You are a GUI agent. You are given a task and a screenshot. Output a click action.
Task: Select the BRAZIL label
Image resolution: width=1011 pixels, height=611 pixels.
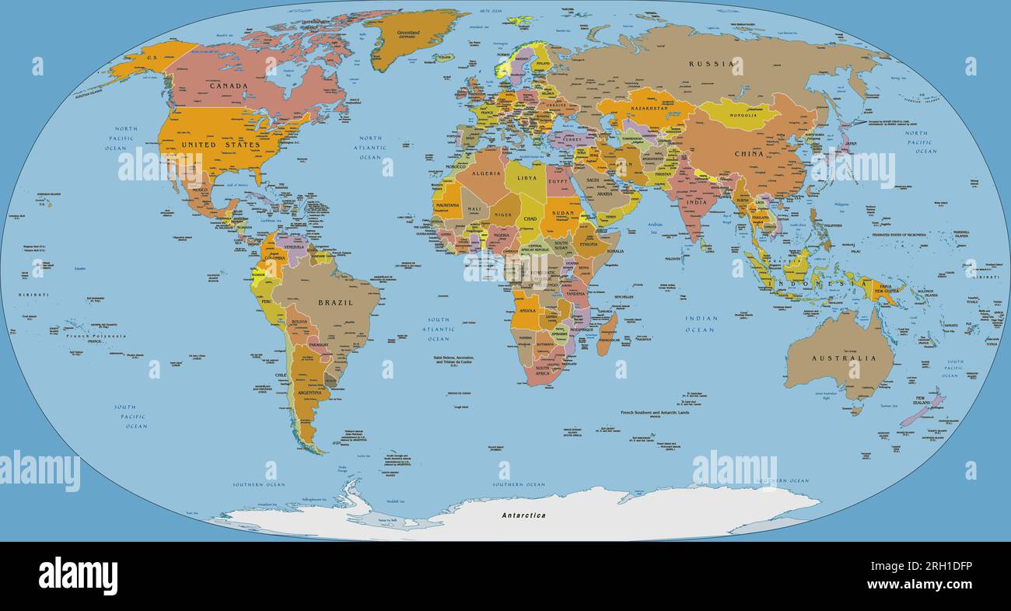(x=335, y=302)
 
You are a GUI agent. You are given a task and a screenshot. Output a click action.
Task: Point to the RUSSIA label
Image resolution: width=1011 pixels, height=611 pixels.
(x=711, y=64)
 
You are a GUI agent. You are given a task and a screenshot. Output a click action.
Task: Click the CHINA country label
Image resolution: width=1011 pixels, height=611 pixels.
(x=749, y=153)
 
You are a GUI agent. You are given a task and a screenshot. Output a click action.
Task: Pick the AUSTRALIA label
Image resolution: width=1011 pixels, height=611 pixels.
(x=844, y=358)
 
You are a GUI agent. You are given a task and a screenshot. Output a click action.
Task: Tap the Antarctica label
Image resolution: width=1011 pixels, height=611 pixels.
(x=523, y=515)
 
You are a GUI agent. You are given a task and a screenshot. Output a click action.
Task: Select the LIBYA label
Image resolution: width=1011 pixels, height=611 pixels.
(x=527, y=178)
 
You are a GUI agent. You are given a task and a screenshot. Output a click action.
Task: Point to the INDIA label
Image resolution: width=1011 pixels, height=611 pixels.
(x=696, y=202)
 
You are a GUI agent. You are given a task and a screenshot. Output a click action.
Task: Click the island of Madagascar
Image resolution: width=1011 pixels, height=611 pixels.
(x=607, y=333)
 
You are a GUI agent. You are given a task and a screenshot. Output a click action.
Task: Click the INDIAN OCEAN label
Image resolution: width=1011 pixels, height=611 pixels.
(x=700, y=323)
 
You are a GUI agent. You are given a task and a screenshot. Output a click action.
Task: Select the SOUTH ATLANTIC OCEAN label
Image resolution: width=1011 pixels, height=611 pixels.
(x=438, y=329)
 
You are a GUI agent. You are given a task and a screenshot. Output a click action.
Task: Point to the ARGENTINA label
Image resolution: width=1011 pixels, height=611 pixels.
(x=309, y=393)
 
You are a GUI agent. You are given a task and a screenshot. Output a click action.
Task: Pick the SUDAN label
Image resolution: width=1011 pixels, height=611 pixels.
(x=562, y=212)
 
